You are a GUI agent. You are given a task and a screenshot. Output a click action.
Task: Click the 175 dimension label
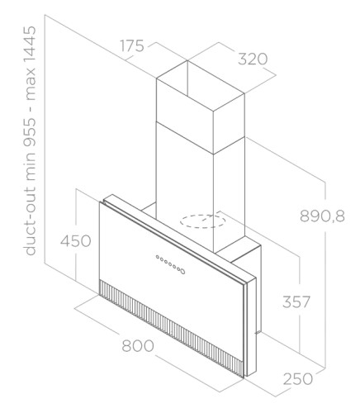[132, 45]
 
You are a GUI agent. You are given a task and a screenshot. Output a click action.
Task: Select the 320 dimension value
[253, 59]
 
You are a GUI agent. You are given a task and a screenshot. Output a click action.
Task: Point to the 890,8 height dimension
[322, 216]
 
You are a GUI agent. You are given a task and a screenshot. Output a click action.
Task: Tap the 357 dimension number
[296, 301]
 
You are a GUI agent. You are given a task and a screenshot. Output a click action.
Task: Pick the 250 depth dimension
[298, 379]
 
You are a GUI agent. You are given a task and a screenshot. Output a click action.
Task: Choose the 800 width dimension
[138, 346]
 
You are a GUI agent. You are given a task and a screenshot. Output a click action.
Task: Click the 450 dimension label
[75, 241]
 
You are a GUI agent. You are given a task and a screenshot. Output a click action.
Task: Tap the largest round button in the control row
[182, 272]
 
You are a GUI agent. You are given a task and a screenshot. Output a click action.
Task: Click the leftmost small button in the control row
[158, 257]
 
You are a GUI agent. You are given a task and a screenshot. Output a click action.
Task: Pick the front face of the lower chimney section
[185, 188]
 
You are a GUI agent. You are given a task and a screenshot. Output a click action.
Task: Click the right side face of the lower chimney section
[230, 192]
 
